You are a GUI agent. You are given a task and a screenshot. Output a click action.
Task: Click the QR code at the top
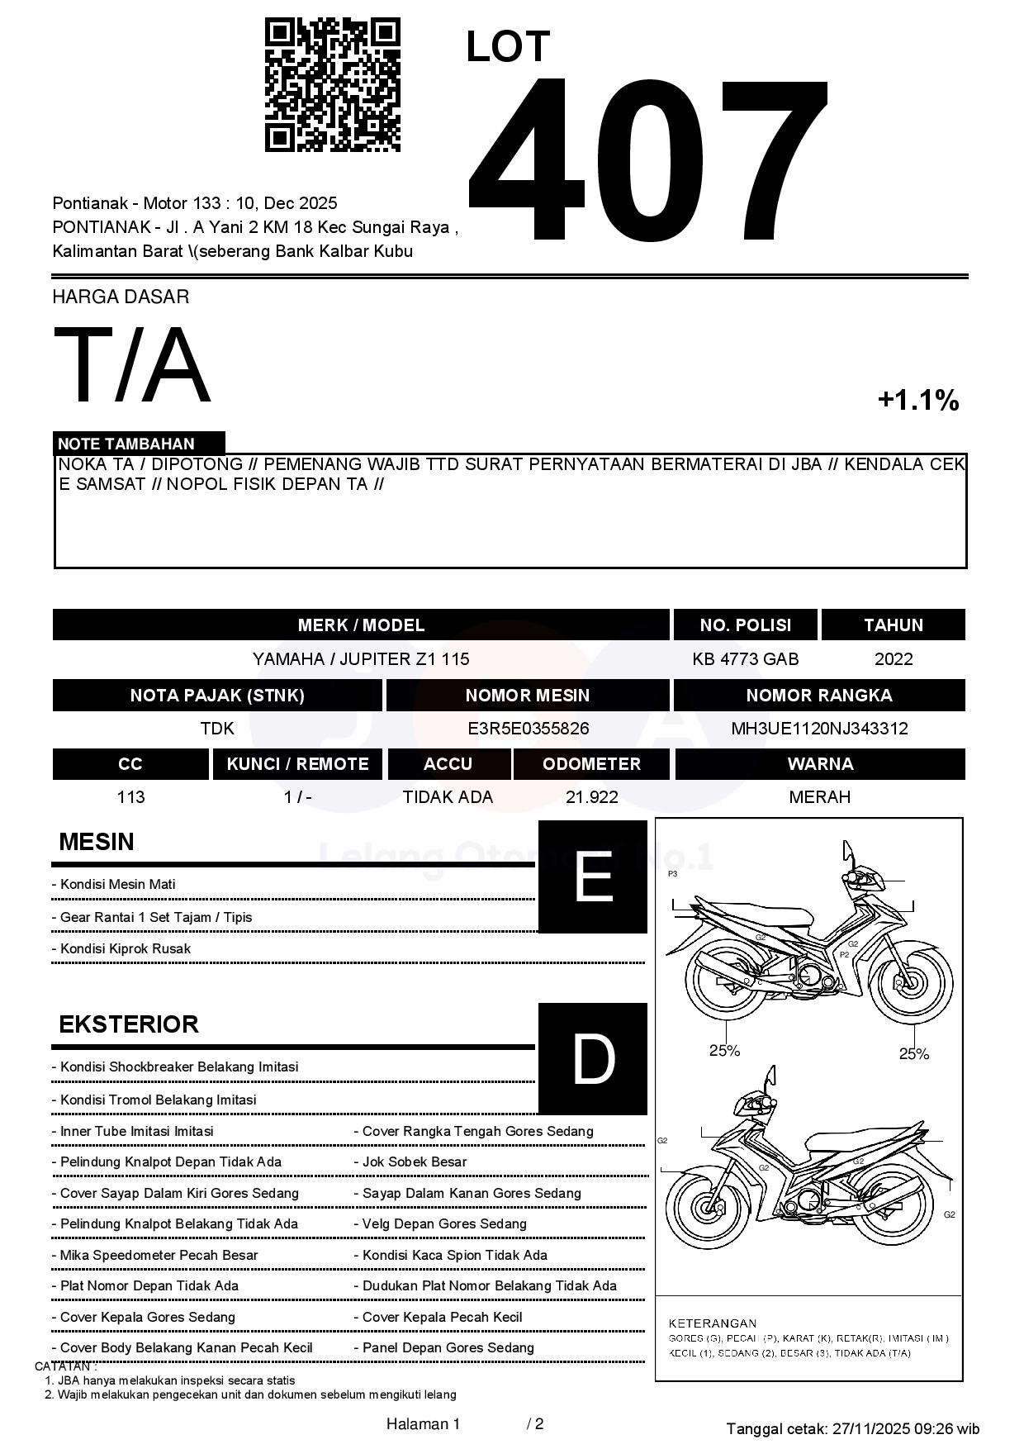coord(332,85)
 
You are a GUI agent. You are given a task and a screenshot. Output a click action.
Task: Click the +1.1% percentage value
coord(917,401)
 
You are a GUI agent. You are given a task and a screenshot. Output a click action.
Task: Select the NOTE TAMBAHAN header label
coord(126,444)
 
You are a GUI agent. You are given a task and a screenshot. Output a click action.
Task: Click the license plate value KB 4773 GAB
coord(745,659)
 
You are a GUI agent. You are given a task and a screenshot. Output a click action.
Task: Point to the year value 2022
coord(893,659)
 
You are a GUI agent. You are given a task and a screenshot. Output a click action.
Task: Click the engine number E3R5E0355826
coord(528,729)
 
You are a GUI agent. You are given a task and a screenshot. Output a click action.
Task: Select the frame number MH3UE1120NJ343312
coord(819,729)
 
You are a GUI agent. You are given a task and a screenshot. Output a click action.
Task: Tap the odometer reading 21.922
coord(591,797)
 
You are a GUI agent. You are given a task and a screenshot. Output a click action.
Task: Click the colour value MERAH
coord(819,797)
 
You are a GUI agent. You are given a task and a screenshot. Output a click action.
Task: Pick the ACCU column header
coord(448,764)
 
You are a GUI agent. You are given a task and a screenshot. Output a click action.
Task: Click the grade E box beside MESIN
coord(592,877)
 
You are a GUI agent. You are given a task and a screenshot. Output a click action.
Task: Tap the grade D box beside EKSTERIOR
coord(592,1058)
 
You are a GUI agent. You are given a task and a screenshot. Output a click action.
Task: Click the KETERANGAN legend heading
coord(712,1323)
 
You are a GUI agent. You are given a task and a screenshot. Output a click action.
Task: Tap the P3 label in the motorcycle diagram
coord(672,873)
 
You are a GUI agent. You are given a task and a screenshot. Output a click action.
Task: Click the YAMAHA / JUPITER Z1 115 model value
coord(361,659)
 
